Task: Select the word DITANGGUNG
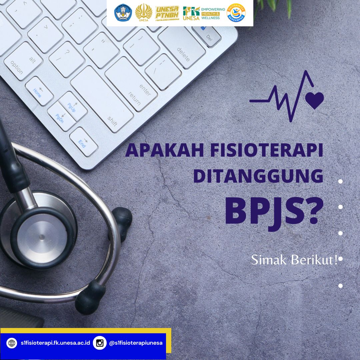[258, 176]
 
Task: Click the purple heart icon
[314, 100]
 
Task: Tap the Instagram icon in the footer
[100, 343]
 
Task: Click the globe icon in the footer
[12, 343]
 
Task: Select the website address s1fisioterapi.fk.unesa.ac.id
[55, 343]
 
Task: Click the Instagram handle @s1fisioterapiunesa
[136, 343]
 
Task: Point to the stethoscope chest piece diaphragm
[42, 237]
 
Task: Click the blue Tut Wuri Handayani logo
[123, 13]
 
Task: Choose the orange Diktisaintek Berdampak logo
[236, 13]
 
